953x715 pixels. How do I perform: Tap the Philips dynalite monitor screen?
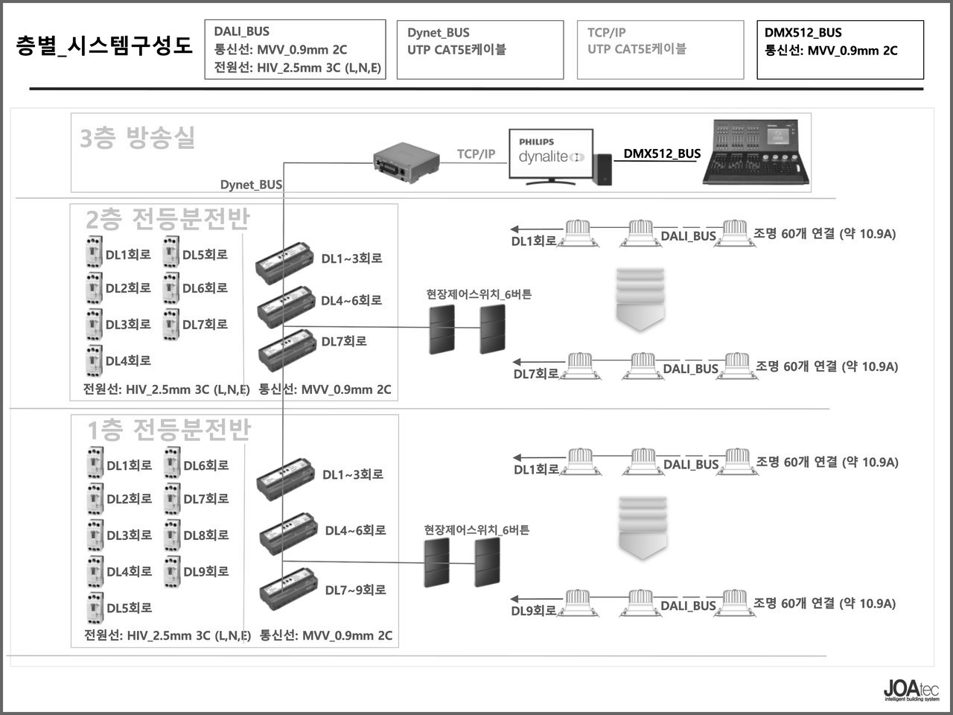point(551,154)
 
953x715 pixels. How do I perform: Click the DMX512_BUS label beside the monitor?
point(662,154)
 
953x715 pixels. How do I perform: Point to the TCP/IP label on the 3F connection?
point(476,154)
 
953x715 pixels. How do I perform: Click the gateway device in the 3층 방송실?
point(403,163)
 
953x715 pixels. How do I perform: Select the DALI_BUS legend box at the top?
point(295,50)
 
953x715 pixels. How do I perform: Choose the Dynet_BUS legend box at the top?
point(479,50)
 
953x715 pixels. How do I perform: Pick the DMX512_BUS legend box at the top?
point(840,50)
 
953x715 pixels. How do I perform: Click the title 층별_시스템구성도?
point(103,45)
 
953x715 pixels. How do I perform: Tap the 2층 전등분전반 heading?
point(168,219)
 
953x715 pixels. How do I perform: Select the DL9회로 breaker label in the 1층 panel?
point(206,572)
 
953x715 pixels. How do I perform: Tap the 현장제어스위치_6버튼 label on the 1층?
point(476,530)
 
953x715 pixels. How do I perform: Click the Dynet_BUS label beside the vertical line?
point(251,185)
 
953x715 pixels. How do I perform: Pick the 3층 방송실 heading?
point(137,138)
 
